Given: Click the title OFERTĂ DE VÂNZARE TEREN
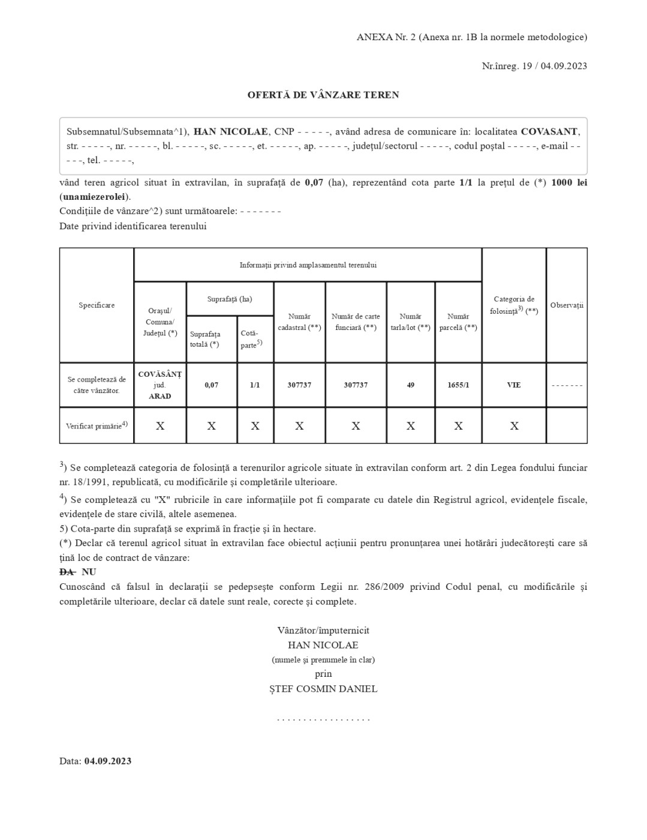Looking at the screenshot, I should click(323, 95).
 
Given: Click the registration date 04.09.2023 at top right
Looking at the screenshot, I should click(564, 66).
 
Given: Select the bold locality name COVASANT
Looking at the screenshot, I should click(549, 131).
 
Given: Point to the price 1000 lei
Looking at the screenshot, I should click(569, 182).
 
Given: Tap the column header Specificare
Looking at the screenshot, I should click(97, 305).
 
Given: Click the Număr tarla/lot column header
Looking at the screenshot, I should click(411, 322).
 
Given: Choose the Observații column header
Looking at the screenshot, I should click(567, 305).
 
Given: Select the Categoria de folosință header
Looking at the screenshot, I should click(514, 305).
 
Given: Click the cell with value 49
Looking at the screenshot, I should click(411, 385).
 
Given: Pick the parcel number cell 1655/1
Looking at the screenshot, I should click(458, 385).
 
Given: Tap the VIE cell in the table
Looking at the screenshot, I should click(514, 385).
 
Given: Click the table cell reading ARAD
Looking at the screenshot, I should click(160, 396).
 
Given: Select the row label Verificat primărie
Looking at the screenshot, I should click(97, 425).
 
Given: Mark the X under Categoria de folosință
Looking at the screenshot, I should click(514, 426).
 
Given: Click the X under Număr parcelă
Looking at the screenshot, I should click(458, 426).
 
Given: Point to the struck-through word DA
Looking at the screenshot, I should click(67, 572).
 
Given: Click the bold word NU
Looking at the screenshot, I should click(89, 572).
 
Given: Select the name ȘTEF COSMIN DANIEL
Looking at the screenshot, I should click(323, 689).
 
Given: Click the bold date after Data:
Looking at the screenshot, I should click(108, 761).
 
